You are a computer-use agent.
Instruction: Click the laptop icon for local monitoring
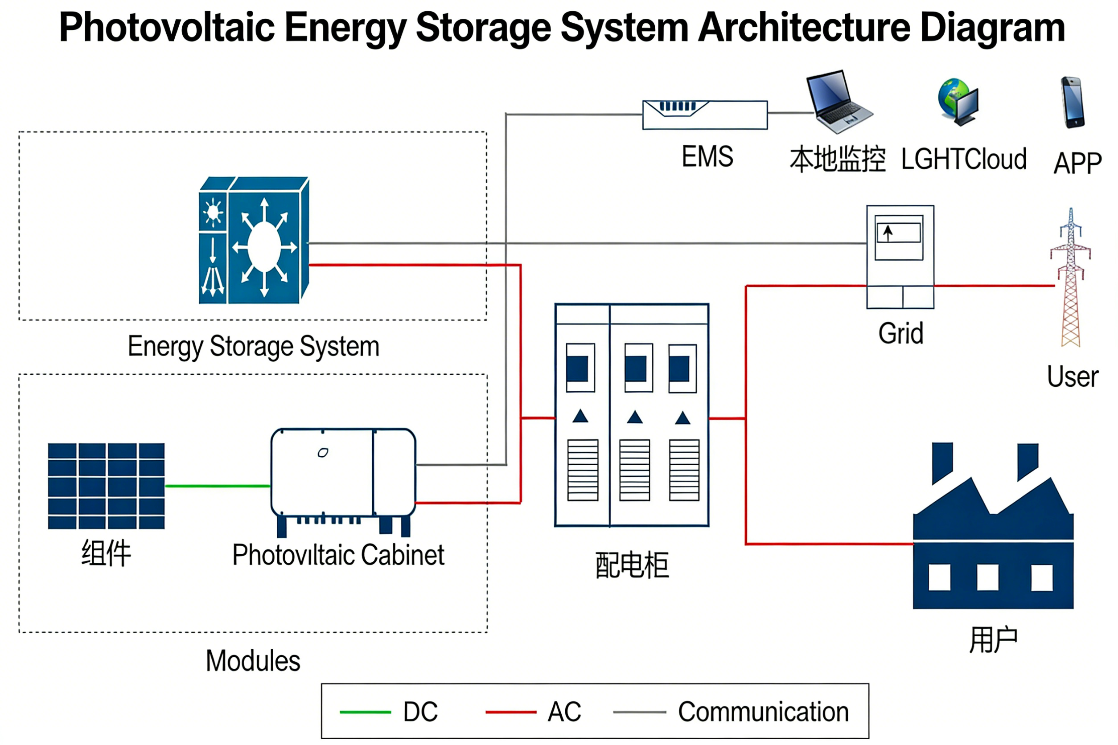838,102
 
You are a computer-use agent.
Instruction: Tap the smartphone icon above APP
1073,102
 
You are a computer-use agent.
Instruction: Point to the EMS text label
707,156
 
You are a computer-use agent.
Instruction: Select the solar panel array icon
106,486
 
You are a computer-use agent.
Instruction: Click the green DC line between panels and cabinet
217,486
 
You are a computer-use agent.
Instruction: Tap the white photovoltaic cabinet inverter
343,473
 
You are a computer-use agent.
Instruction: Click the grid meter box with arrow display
900,257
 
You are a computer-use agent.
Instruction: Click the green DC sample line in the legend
365,712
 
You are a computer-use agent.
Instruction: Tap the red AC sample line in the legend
510,712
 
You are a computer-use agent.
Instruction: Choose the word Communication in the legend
763,712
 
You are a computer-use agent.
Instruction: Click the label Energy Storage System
253,346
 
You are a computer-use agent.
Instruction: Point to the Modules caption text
253,661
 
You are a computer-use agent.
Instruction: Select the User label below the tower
1073,377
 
